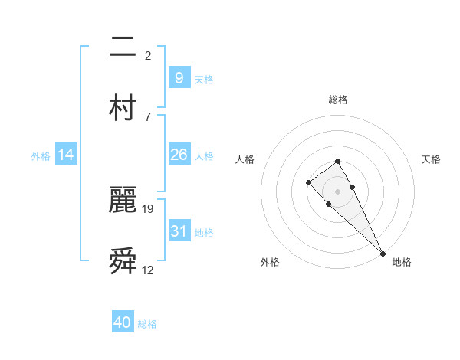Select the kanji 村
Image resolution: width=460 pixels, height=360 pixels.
click(x=123, y=106)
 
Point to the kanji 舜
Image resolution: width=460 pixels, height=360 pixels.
click(x=123, y=261)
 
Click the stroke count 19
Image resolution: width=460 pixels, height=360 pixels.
click(x=149, y=208)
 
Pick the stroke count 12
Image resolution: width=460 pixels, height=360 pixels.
click(x=148, y=270)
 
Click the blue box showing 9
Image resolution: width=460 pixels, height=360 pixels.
click(x=179, y=77)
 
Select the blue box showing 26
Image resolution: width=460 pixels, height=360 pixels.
click(x=179, y=155)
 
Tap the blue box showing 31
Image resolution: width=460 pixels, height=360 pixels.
click(x=179, y=231)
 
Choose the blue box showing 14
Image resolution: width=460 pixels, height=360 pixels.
click(x=66, y=155)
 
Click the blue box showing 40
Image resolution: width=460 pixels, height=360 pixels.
click(x=123, y=322)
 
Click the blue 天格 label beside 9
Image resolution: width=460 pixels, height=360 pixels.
click(x=204, y=79)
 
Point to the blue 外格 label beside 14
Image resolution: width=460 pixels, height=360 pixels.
click(x=41, y=155)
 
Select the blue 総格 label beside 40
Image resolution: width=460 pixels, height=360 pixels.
click(x=147, y=324)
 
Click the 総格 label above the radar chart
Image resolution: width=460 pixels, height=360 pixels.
click(x=338, y=100)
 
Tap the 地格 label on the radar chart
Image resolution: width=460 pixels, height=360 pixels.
click(x=402, y=262)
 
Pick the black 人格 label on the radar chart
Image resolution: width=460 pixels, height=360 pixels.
click(x=245, y=159)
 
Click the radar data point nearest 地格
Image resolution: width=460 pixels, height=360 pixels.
click(x=383, y=254)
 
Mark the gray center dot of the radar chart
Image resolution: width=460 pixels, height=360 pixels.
click(x=337, y=191)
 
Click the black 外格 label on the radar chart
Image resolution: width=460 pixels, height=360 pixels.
click(x=270, y=262)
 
